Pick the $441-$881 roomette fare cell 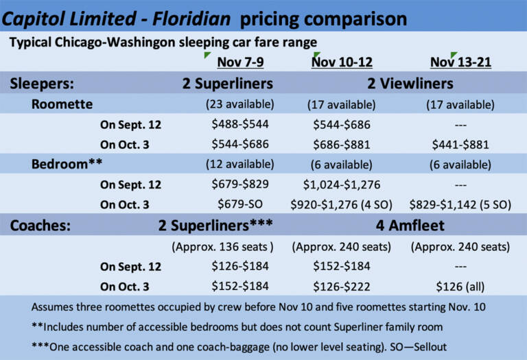tap(460, 145)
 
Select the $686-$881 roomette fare tap(342, 145)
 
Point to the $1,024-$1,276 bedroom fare tap(342, 184)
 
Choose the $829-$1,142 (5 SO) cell tap(460, 204)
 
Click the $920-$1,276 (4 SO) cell tap(342, 204)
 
